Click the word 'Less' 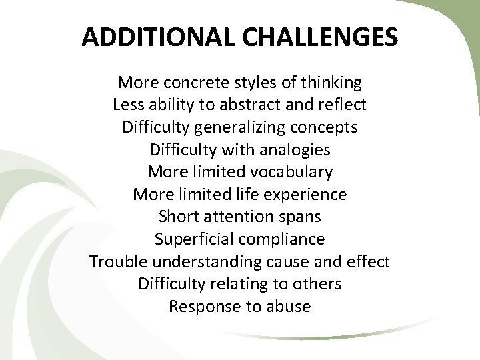coord(129,105)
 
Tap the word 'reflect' coord(343,105)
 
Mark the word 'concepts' coord(325,128)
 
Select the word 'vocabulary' coord(292,173)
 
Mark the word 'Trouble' coord(118,262)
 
